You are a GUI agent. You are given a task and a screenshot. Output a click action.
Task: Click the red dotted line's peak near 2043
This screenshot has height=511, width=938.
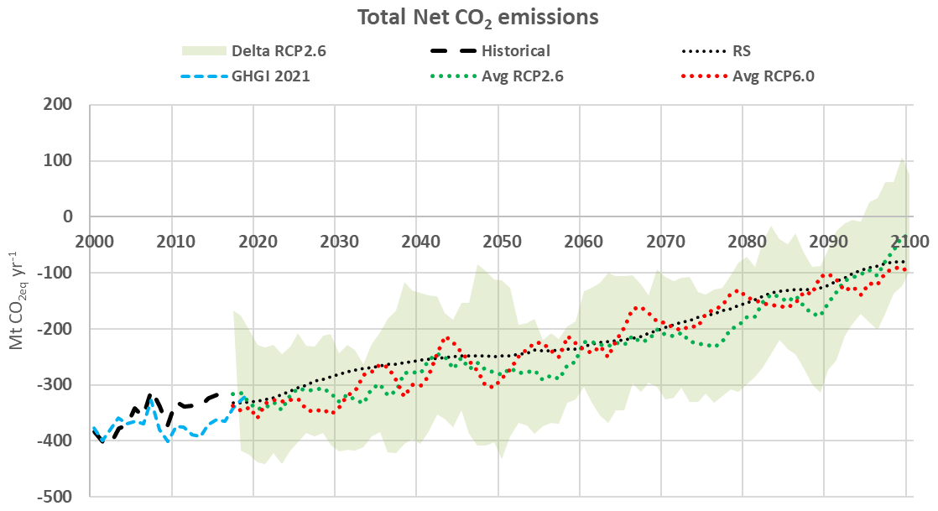(447, 338)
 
